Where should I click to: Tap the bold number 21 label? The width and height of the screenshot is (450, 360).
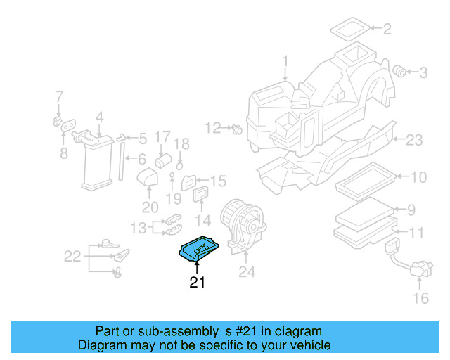tap(197, 283)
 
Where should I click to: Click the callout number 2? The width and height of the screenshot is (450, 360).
tap(386, 29)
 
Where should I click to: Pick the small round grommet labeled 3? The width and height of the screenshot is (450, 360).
tap(400, 70)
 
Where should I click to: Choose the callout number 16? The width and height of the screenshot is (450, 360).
tap(419, 298)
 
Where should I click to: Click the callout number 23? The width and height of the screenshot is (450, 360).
tap(415, 140)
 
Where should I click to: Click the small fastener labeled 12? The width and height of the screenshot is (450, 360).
tap(237, 129)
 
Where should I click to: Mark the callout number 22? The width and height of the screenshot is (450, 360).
tap(72, 257)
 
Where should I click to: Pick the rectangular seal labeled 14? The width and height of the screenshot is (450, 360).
tap(201, 193)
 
